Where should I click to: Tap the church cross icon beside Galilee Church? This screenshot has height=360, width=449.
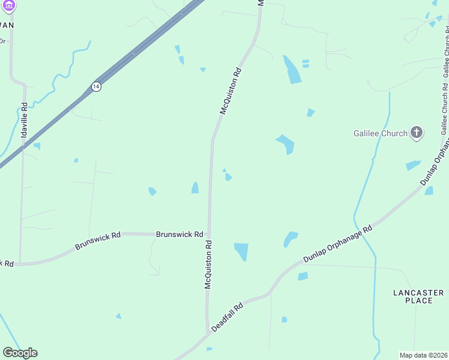tap(417, 133)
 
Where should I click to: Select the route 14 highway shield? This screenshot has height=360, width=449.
tap(96, 86)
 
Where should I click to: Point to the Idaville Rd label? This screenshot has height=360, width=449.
tap(24, 121)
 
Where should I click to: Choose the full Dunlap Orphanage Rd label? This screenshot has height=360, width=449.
tap(337, 243)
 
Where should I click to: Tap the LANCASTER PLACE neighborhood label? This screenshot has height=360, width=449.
tap(418, 296)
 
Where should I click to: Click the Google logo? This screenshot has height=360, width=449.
tap(20, 353)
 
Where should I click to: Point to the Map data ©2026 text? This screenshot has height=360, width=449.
tap(423, 355)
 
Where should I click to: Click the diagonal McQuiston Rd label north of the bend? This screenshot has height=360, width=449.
tap(231, 91)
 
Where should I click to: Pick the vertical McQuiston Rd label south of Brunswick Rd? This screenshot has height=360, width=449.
tap(208, 265)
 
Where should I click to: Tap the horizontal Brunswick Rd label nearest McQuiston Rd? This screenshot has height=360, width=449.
tap(179, 235)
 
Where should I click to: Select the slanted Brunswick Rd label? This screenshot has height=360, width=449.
tap(98, 241)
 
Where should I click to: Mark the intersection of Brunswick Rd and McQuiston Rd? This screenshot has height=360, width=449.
tap(208, 235)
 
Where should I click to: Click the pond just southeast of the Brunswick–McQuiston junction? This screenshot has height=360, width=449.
tap(241, 251)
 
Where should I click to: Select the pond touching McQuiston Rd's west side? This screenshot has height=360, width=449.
tap(195, 188)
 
